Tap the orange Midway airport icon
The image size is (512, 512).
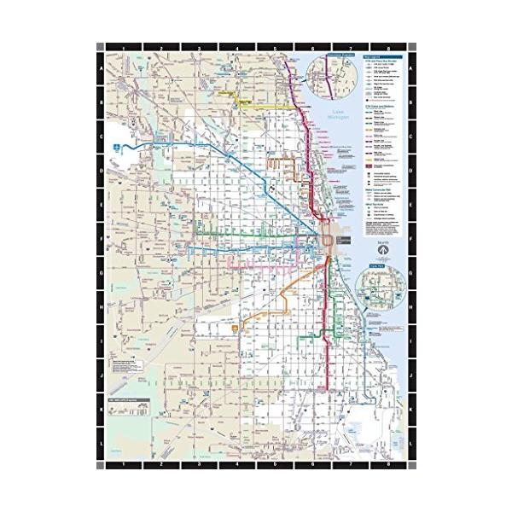pyautogui.click(x=236, y=327)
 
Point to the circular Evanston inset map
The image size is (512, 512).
pyautogui.click(x=329, y=75)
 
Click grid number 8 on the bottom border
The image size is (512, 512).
pyautogui.click(x=388, y=465)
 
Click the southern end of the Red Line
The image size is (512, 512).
pyautogui.click(x=321, y=389)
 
